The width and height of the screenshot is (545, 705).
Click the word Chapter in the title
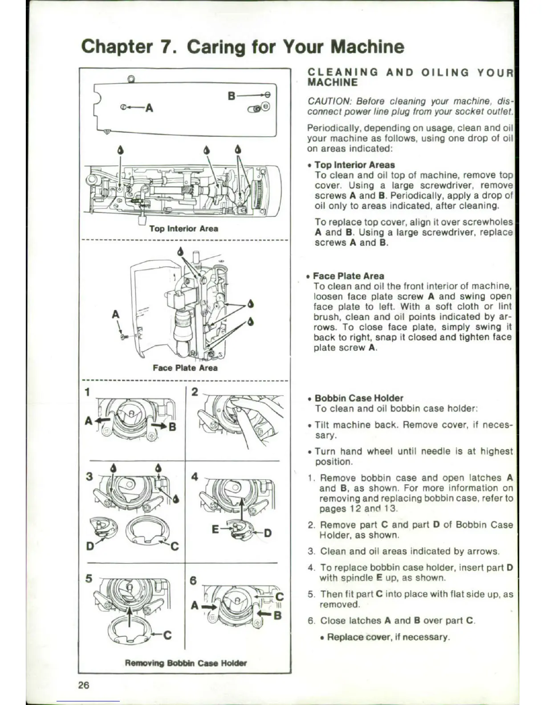click(x=117, y=47)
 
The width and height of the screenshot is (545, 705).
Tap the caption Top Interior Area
click(x=183, y=228)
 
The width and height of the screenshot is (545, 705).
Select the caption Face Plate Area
click(x=185, y=368)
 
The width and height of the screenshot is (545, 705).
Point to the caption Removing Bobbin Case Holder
click(x=186, y=663)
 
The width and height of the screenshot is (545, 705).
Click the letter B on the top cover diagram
click(x=232, y=95)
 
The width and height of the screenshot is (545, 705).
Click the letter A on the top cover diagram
click(x=149, y=108)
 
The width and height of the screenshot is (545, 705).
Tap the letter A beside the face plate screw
click(x=116, y=314)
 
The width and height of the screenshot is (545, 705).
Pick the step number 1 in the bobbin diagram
click(x=88, y=392)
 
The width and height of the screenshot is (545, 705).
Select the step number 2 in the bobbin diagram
click(x=195, y=392)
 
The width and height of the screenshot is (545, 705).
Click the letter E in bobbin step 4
click(x=216, y=529)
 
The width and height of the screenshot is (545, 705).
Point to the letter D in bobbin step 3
click(x=90, y=546)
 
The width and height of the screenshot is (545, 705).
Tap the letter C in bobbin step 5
click(x=167, y=635)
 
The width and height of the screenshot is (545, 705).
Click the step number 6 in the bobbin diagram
click(x=193, y=581)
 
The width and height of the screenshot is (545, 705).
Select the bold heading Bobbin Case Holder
click(x=359, y=398)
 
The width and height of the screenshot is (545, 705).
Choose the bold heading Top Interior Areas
click(x=354, y=165)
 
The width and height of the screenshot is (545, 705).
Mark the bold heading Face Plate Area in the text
click(x=348, y=276)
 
